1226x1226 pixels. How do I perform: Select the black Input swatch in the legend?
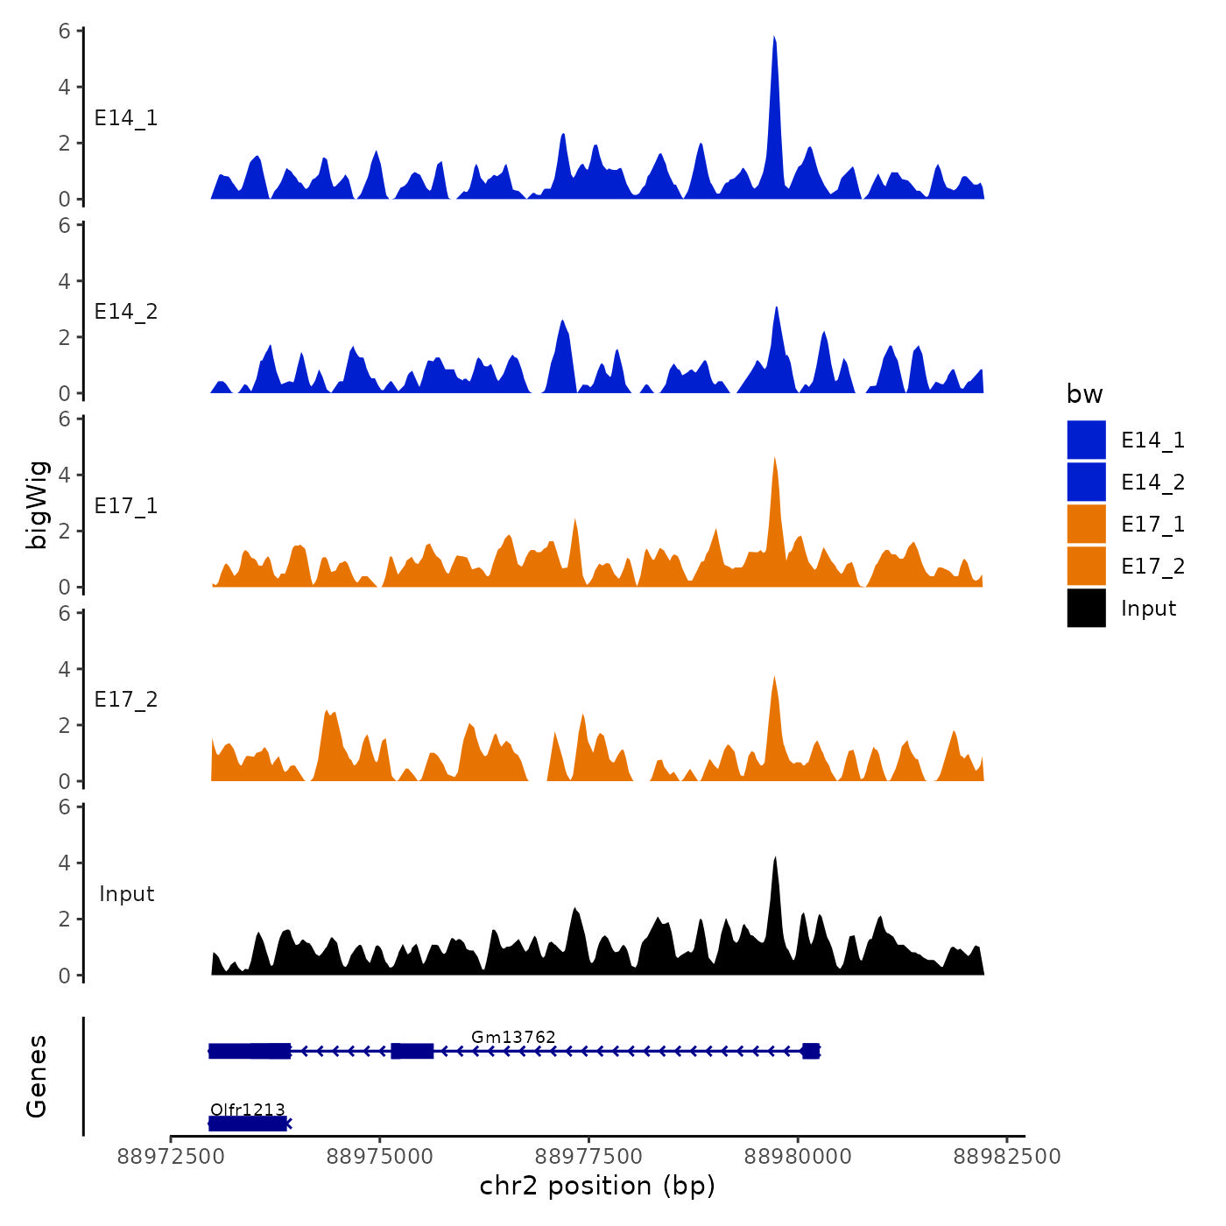tap(1086, 608)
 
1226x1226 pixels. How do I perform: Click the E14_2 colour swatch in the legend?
tap(1086, 482)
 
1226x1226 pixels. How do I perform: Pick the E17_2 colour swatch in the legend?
tap(1086, 566)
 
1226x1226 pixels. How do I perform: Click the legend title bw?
tap(1084, 394)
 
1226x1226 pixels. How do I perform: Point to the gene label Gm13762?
tap(513, 1037)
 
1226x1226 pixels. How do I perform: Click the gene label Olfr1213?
tap(248, 1110)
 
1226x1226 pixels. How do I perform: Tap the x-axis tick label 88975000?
tap(379, 1156)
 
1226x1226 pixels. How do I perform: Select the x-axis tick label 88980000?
tap(798, 1156)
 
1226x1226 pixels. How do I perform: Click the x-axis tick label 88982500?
tap(1007, 1156)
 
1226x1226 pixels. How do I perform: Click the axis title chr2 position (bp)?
tap(597, 1186)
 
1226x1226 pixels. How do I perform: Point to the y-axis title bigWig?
tap(37, 504)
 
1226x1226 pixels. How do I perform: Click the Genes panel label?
tap(37, 1076)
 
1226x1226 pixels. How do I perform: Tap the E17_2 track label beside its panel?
tap(126, 699)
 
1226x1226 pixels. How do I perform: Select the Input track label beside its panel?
tap(126, 893)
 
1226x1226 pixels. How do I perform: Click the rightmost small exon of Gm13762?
tap(811, 1051)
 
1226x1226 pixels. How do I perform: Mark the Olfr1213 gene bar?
tap(248, 1124)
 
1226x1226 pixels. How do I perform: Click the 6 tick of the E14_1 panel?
tap(65, 31)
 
